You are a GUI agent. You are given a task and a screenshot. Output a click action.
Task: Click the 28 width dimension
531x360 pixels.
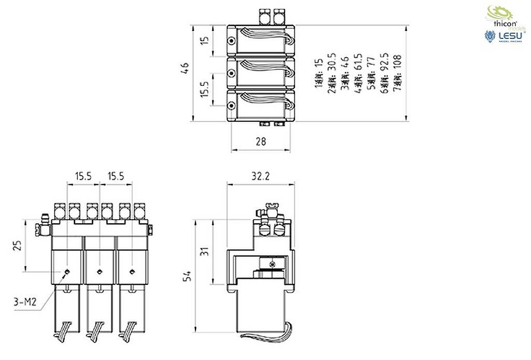[x=261, y=141]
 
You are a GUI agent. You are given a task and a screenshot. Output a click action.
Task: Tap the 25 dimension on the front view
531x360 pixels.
[x=17, y=246]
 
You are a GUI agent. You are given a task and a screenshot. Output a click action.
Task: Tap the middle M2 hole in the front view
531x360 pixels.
[x=100, y=272]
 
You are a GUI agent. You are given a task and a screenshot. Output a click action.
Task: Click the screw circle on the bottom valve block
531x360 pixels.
[x=232, y=106]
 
